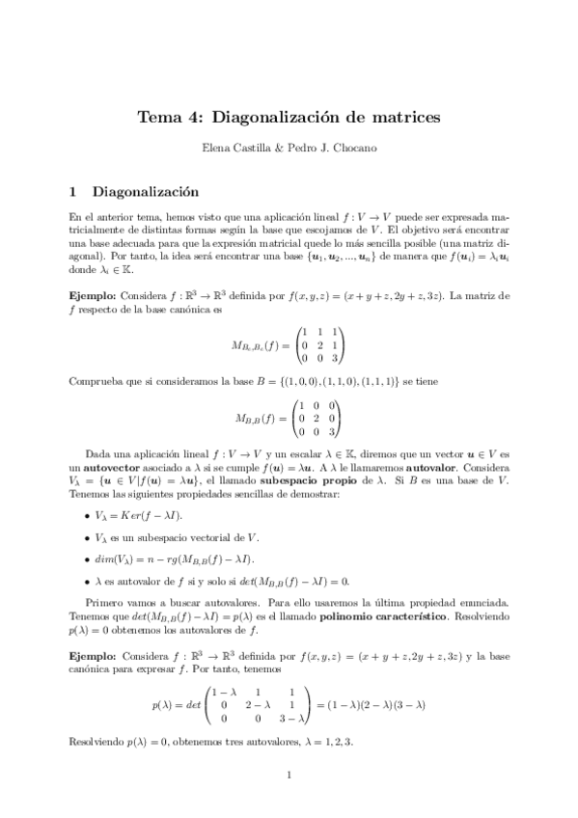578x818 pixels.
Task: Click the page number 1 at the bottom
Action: (x=289, y=775)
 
